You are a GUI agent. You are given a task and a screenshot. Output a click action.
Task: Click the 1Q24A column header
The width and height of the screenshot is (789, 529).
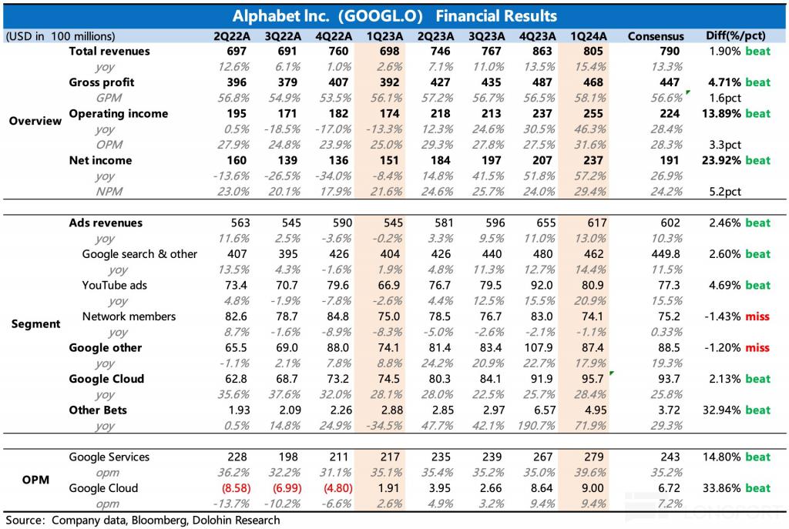coord(588,36)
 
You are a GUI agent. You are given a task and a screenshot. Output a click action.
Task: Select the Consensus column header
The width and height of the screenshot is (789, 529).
coord(656,36)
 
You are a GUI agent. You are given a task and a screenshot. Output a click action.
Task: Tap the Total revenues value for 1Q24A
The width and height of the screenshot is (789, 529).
coord(593,52)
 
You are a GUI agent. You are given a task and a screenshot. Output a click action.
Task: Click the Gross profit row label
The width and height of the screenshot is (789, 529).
coord(102,82)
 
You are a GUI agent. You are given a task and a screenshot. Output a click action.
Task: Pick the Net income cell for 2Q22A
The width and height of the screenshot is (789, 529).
coord(237,160)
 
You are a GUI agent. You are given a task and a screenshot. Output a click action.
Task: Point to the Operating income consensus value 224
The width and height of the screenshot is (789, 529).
coord(670,114)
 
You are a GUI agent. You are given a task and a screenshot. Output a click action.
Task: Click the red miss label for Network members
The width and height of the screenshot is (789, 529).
coord(758,316)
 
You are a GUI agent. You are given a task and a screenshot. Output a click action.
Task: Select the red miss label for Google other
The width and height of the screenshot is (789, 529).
coord(758,347)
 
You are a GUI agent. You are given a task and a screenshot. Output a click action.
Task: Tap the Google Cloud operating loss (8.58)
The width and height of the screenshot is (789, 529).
coord(236,488)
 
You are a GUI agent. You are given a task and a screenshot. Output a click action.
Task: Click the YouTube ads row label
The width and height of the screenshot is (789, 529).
coord(115,285)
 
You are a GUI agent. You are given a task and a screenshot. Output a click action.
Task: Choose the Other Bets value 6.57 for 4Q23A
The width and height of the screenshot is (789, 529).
coord(545,410)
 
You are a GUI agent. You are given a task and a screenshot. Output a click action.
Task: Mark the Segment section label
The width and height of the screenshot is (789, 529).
coord(35,324)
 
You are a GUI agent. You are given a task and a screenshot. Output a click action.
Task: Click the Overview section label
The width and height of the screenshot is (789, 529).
coord(35,121)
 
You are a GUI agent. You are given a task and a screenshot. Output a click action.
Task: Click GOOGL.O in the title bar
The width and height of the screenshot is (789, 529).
coord(381,16)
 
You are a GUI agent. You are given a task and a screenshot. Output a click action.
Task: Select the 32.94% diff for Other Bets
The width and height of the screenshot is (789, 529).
coord(722,410)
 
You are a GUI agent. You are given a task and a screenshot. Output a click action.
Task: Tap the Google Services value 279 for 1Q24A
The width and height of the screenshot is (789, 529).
coord(594,457)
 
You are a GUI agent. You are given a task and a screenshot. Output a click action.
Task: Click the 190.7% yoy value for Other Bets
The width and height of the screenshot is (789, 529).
coord(536,425)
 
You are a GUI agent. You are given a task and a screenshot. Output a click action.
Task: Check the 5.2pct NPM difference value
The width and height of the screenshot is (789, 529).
coord(725,192)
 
